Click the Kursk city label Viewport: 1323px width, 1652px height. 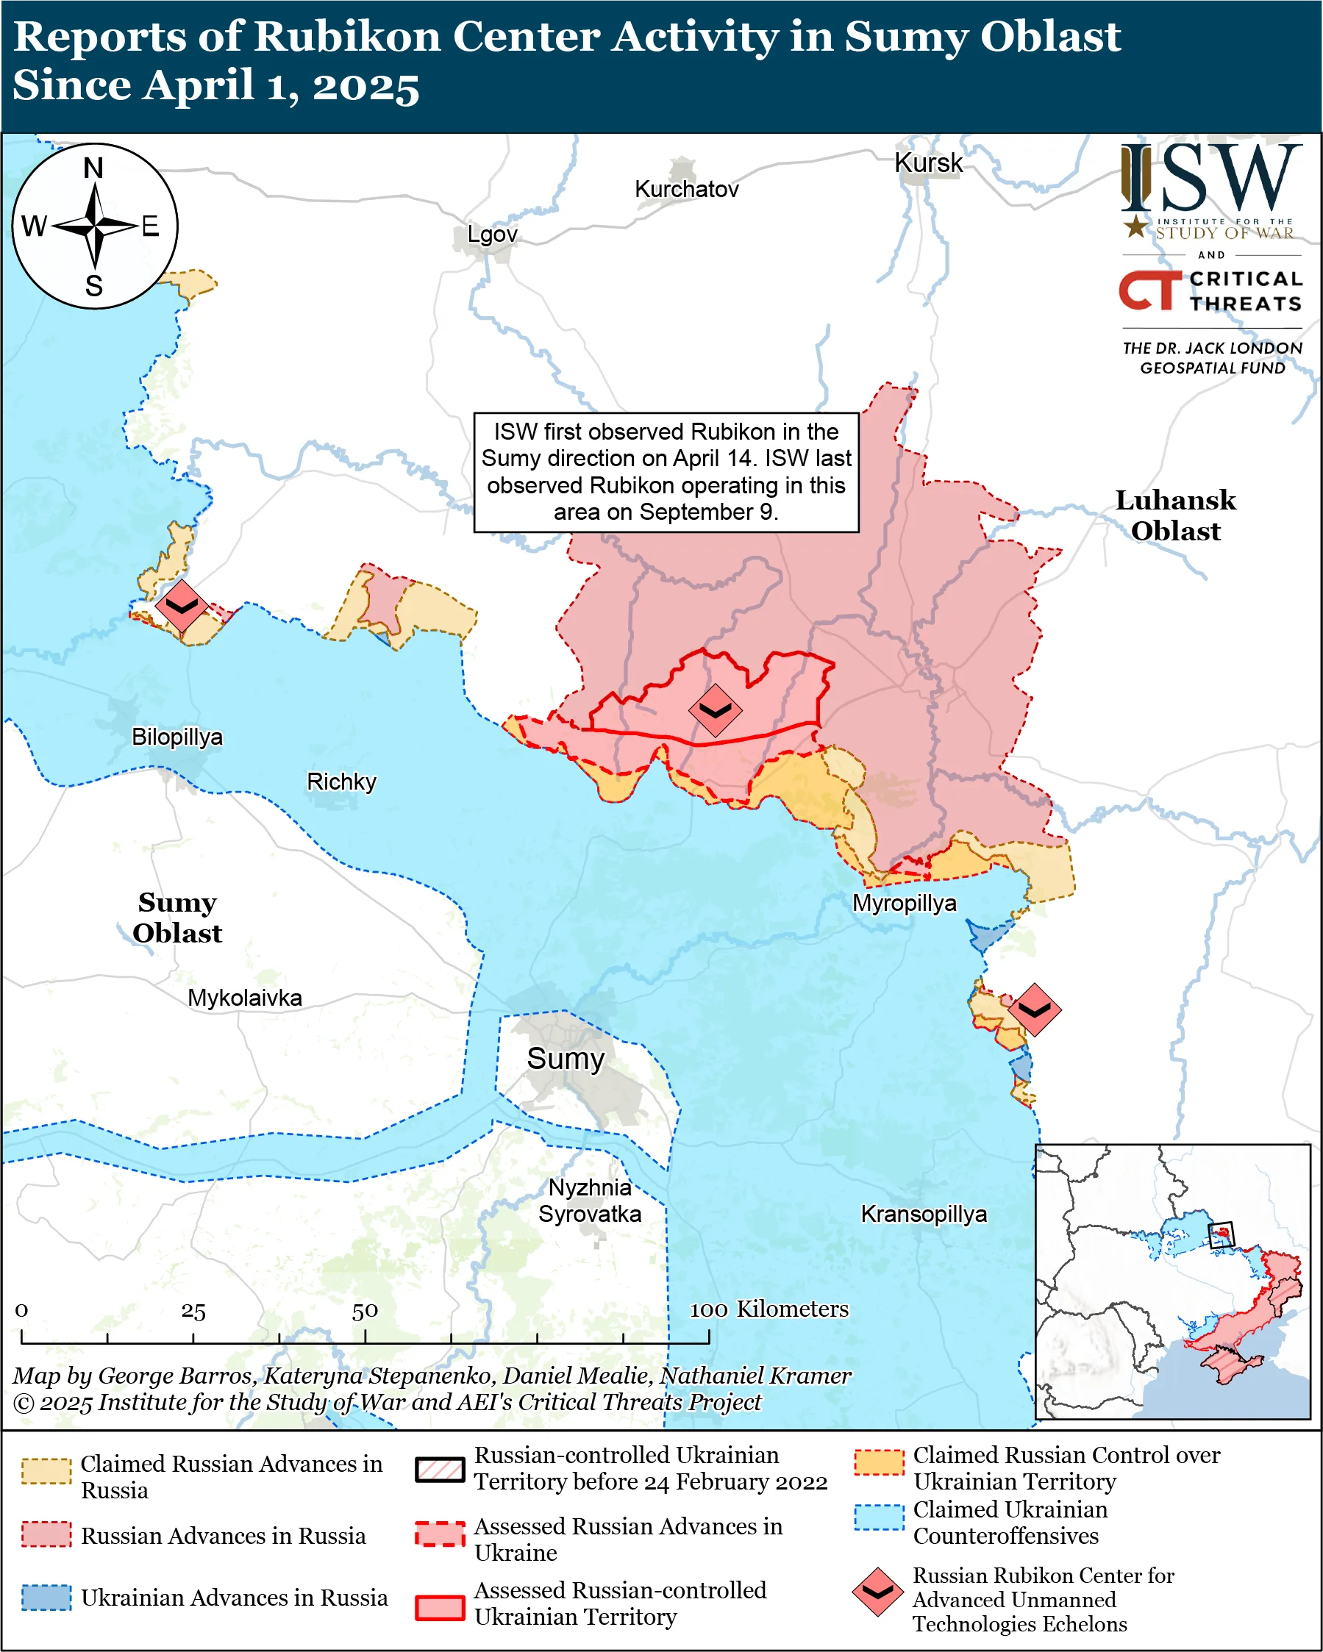point(928,163)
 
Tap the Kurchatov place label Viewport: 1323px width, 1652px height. point(686,189)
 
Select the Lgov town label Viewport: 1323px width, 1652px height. point(492,235)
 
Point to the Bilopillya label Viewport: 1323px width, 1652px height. point(177,737)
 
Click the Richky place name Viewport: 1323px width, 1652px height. point(341,782)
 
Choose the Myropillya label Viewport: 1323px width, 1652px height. point(904,904)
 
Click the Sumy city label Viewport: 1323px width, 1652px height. point(565,1059)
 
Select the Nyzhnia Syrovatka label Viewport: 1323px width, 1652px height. point(590,1201)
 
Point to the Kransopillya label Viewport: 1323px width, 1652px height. point(923,1215)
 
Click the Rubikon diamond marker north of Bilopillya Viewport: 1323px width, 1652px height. point(182,605)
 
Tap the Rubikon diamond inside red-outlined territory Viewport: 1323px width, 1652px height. point(714,710)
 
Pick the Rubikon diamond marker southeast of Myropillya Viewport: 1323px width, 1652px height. point(1033,1010)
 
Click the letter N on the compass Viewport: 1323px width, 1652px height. point(93,168)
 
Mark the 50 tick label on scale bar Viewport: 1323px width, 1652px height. point(365,1311)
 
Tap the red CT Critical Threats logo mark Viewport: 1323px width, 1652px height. point(1148,290)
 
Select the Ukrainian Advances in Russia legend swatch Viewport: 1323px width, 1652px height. point(46,1598)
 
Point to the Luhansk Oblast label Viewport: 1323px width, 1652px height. point(1175,515)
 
